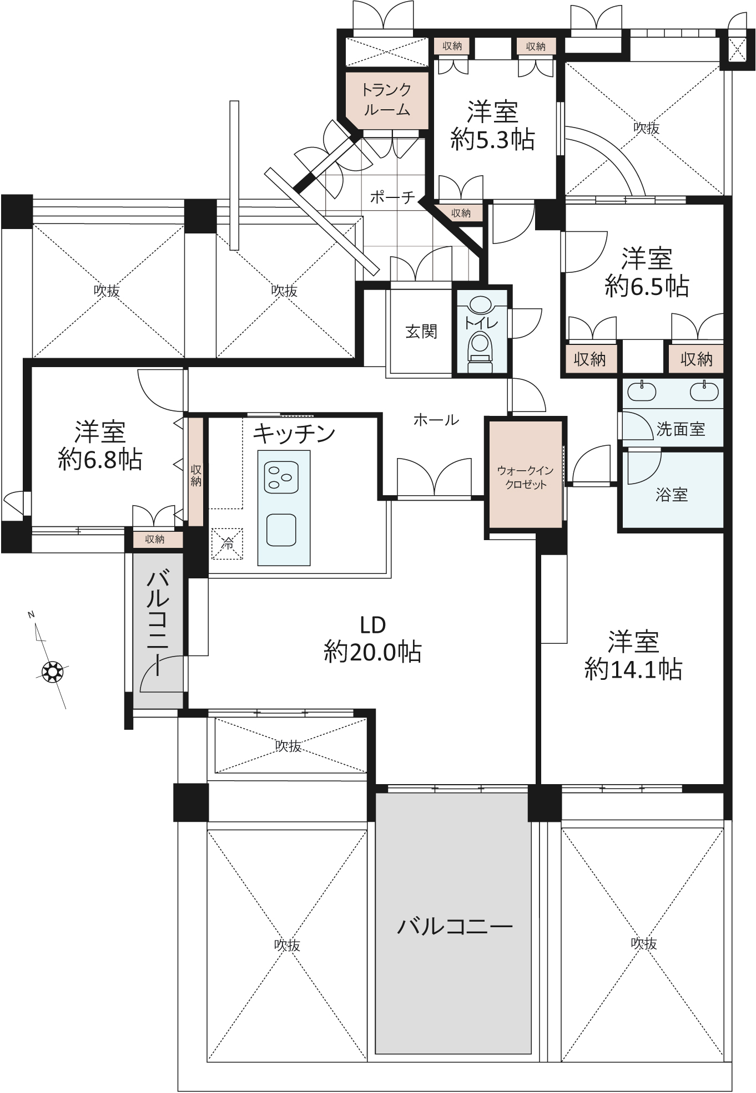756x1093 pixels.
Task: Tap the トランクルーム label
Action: pyautogui.click(x=386, y=99)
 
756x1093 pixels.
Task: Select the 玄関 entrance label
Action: pyautogui.click(x=421, y=332)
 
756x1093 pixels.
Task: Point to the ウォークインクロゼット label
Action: pyautogui.click(x=525, y=477)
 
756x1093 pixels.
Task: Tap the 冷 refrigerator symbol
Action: pyautogui.click(x=227, y=543)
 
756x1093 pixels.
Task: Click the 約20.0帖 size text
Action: pyautogui.click(x=372, y=652)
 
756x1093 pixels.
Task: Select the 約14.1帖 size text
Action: pyautogui.click(x=633, y=669)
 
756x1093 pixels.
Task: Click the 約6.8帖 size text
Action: pyautogui.click(x=100, y=459)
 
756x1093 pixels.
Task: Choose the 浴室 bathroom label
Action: pyautogui.click(x=672, y=495)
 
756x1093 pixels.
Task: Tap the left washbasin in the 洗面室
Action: pyautogui.click(x=642, y=392)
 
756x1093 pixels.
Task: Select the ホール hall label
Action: pyautogui.click(x=436, y=420)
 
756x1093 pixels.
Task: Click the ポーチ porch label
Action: pyautogui.click(x=392, y=197)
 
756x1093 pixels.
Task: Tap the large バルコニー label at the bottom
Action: pyautogui.click(x=455, y=927)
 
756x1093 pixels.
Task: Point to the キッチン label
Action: pyautogui.click(x=294, y=434)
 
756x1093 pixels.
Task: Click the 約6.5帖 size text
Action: pyautogui.click(x=647, y=286)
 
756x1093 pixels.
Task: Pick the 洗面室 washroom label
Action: pyautogui.click(x=681, y=429)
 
